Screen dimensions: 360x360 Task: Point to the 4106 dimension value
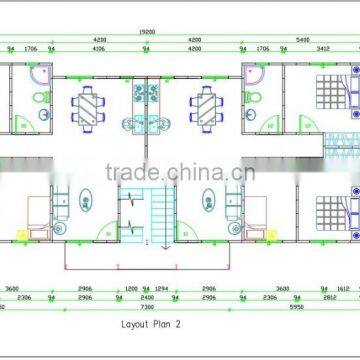click(99, 47)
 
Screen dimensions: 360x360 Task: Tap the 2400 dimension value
click(147, 298)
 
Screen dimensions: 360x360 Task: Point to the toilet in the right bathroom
click(254, 97)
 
